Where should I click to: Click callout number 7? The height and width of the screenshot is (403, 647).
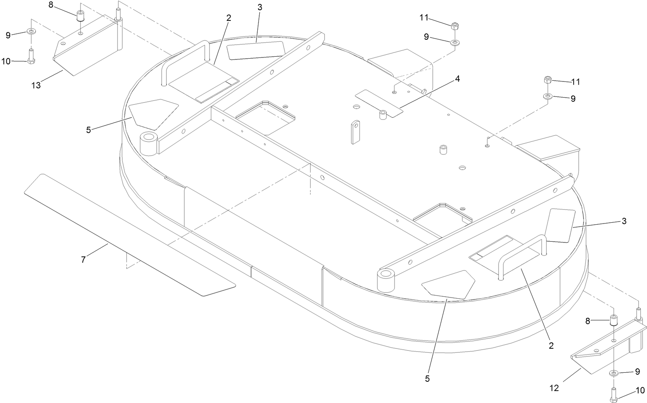click(83, 260)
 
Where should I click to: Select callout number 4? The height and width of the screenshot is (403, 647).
click(457, 79)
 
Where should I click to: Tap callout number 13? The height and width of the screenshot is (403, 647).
click(36, 85)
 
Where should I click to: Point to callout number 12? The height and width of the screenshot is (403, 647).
click(554, 388)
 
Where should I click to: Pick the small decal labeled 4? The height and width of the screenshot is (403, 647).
click(379, 102)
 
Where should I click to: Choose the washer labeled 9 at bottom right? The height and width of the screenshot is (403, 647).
click(614, 372)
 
